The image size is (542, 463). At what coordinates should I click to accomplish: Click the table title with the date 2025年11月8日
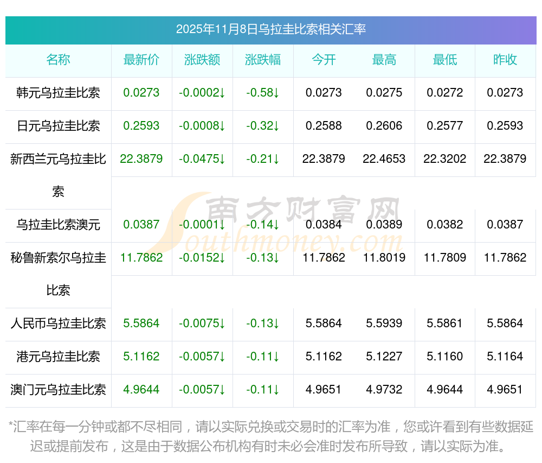tap(270, 29)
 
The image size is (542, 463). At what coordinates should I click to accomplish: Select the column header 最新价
tap(141, 60)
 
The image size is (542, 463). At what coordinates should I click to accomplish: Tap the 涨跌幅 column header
tap(263, 60)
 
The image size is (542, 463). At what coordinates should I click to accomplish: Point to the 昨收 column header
tap(505, 60)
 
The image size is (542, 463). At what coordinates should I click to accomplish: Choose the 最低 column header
tap(444, 60)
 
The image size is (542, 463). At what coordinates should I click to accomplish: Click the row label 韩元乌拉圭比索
tap(58, 93)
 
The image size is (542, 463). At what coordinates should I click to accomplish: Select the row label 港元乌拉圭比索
tap(58, 357)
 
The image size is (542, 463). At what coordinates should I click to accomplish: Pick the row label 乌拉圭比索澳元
tap(58, 225)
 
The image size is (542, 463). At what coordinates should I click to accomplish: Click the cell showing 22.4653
tap(384, 159)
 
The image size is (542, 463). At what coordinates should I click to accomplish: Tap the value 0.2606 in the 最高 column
tap(384, 126)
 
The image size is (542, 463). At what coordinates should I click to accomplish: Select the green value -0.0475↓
tap(202, 159)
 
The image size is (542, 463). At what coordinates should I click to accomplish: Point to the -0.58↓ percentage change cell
tap(263, 93)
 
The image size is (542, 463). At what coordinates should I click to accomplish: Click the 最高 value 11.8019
tap(384, 258)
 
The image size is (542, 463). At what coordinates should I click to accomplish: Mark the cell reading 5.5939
tap(384, 324)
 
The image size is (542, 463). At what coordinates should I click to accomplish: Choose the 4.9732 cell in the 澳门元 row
tap(384, 390)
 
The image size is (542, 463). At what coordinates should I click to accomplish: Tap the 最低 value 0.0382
tap(444, 225)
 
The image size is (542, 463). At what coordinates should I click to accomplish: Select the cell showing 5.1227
tap(384, 357)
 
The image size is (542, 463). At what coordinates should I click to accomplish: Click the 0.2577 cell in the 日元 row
tap(444, 126)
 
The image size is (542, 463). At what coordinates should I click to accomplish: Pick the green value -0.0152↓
tap(202, 258)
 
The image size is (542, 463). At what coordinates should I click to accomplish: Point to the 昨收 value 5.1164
tap(505, 357)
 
